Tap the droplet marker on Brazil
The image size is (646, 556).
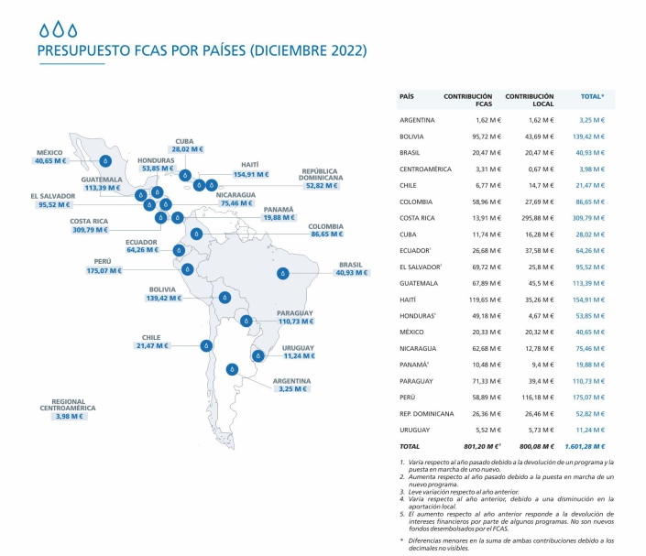(x=284, y=273)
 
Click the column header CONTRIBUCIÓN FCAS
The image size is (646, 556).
(x=467, y=100)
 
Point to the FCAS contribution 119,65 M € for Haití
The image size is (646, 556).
(x=473, y=299)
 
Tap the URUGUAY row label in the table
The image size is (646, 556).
(x=415, y=429)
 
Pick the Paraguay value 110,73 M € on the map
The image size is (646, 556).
(x=297, y=323)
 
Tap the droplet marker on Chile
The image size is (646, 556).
(x=206, y=345)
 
